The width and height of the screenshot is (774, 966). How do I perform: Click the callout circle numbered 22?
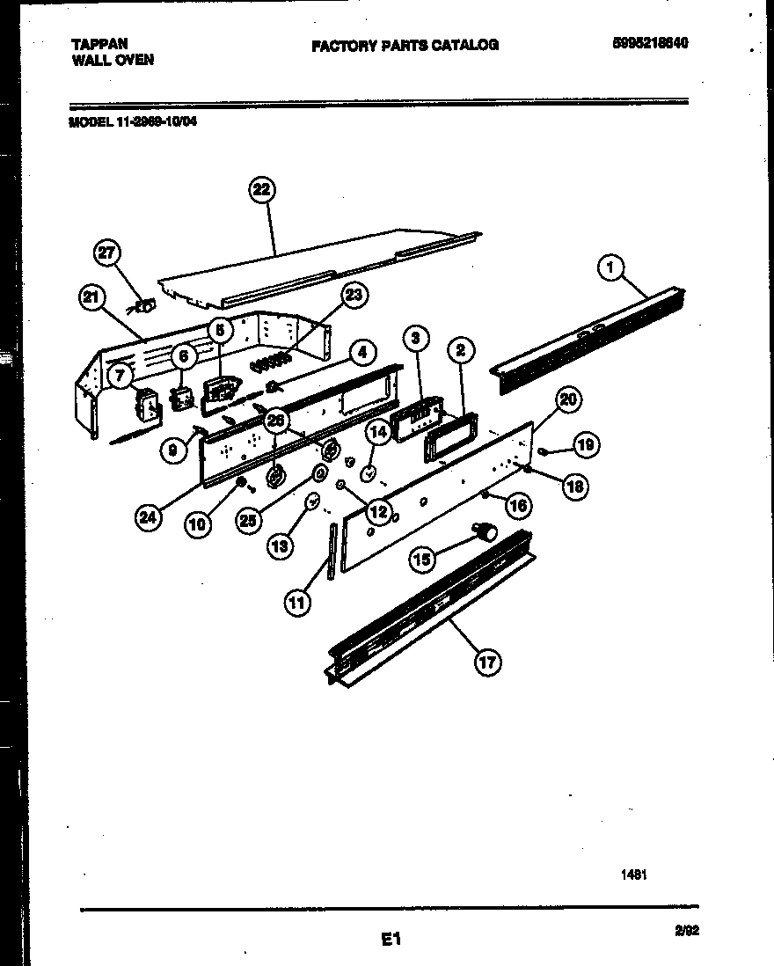[x=262, y=191]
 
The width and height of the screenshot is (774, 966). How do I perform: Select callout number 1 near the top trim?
[x=610, y=267]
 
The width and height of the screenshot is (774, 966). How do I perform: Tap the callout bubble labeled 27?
[x=107, y=254]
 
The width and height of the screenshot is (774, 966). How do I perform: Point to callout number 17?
[x=487, y=662]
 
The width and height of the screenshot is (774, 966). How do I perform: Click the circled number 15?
[x=423, y=558]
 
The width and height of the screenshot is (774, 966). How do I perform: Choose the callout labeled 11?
[x=297, y=602]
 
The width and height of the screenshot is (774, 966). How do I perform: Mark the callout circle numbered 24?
[x=150, y=518]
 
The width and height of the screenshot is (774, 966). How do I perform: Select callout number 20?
[x=568, y=399]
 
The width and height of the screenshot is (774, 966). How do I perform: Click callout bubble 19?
[x=585, y=446]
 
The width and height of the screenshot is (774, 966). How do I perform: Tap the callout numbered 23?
[x=354, y=296]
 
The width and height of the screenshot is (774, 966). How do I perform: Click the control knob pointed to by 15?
[x=484, y=531]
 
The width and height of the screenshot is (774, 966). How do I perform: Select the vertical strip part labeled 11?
[x=332, y=551]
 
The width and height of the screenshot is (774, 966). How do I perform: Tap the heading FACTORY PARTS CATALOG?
[x=405, y=45]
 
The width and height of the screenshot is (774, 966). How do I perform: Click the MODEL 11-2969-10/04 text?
[x=133, y=123]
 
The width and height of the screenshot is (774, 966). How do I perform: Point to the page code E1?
[x=391, y=940]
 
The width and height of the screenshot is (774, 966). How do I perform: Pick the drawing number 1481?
[x=633, y=875]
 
